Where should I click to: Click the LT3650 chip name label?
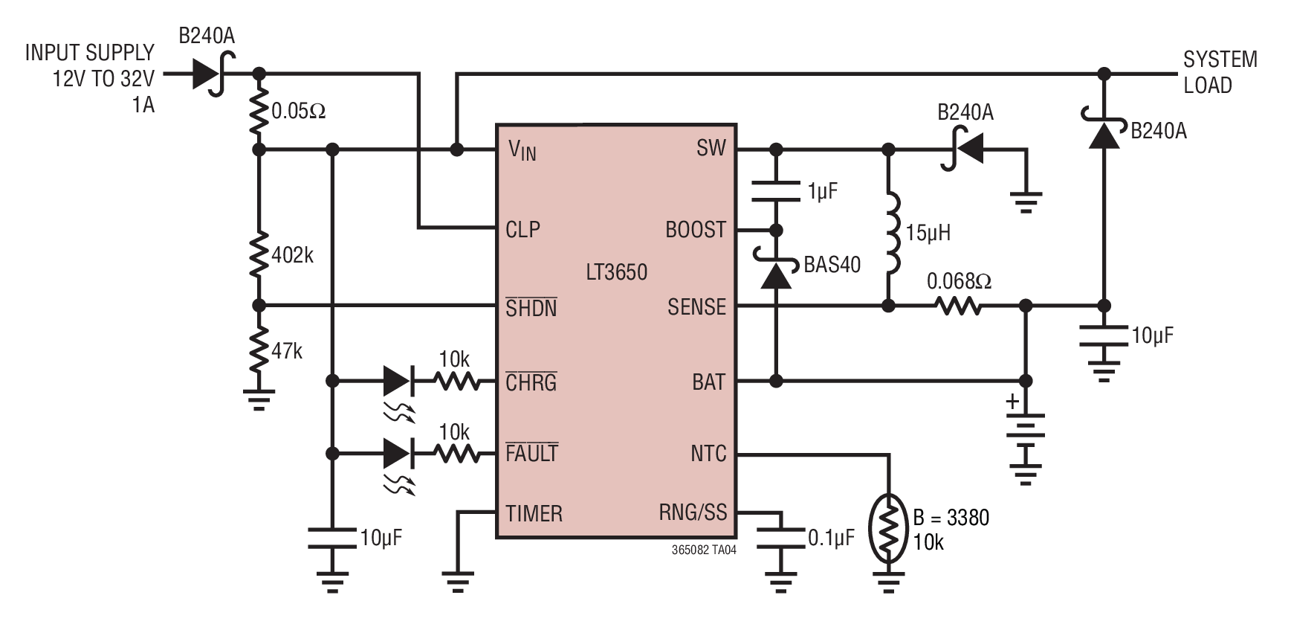[616, 272]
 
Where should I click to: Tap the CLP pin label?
[522, 230]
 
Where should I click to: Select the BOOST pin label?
[696, 230]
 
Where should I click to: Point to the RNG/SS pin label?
[693, 512]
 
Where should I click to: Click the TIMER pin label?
[534, 514]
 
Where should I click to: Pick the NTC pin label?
[708, 454]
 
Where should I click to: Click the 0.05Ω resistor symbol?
[259, 112]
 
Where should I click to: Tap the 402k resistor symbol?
[259, 254]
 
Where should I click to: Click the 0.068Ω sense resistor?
[958, 306]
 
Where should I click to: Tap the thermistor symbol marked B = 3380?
[888, 528]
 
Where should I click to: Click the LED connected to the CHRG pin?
[397, 382]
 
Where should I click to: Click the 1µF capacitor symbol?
[775, 191]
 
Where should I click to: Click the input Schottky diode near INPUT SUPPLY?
[212, 74]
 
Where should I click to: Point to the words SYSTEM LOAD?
[1220, 72]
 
